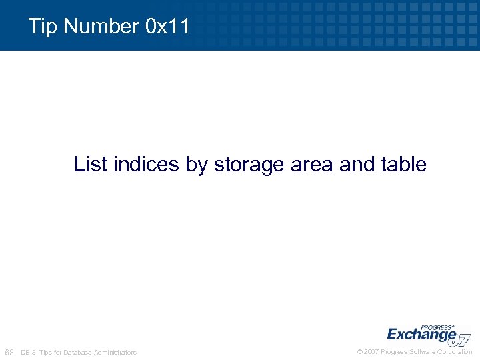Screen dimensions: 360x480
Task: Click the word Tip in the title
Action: [43, 27]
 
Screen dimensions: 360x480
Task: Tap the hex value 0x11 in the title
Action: [167, 27]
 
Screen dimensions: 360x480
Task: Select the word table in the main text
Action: [404, 164]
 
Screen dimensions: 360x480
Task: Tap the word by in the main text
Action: [197, 164]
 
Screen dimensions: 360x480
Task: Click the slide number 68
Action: [9, 352]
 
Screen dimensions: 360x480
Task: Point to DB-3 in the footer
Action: [29, 352]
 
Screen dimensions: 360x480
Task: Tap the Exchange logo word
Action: [421, 334]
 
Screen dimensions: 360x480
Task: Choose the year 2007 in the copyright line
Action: [372, 352]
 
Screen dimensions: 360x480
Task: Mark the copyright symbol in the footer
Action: [360, 352]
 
